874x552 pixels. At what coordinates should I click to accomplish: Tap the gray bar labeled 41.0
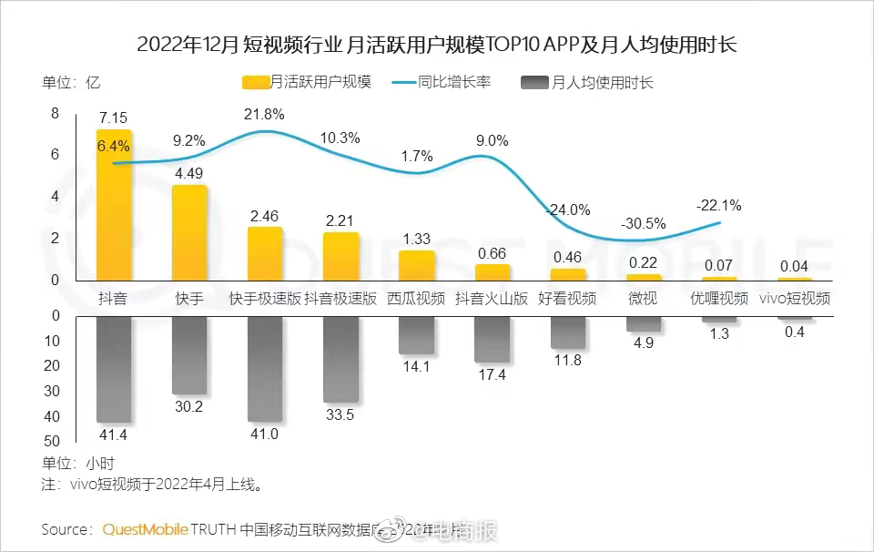click(x=265, y=369)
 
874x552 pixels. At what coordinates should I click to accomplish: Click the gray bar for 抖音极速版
click(x=340, y=360)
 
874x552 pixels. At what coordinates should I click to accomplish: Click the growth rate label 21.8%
click(x=264, y=114)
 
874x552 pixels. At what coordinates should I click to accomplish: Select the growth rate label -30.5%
click(x=643, y=223)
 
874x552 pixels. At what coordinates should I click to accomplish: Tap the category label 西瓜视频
click(x=416, y=298)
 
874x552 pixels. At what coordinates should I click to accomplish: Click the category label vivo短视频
click(x=795, y=298)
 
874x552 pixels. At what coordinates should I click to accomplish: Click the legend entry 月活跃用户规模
click(x=309, y=82)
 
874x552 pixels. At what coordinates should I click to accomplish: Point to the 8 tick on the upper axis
click(x=55, y=113)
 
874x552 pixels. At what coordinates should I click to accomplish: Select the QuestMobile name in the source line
click(x=145, y=529)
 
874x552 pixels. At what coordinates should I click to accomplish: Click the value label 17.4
click(x=492, y=374)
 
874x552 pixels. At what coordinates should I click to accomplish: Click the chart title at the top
click(x=437, y=44)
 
